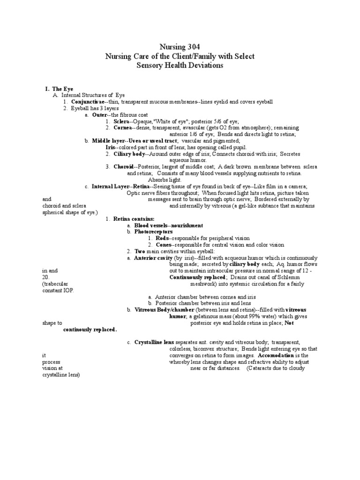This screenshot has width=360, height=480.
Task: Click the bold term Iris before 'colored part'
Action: coord(112,147)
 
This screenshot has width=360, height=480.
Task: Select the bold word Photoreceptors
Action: coord(153,232)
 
